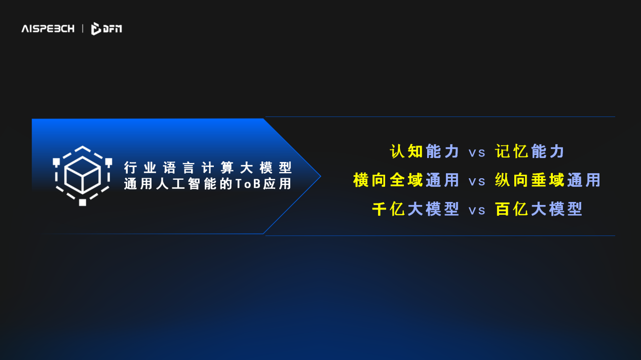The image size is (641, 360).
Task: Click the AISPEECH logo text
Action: pos(48,28)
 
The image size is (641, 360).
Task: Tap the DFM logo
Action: pos(106,28)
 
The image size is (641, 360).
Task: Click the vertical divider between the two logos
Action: pos(83,28)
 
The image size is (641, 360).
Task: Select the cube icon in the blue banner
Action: pos(83,176)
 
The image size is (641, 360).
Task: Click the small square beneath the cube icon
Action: pos(83,203)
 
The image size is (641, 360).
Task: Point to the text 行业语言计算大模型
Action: pos(208,168)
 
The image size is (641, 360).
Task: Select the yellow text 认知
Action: pos(406,151)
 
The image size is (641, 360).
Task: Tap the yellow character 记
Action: pos(503,151)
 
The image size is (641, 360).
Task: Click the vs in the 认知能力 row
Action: pos(477,153)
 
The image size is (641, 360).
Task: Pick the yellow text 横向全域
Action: pos(388,180)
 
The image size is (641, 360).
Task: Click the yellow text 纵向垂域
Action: pos(530,180)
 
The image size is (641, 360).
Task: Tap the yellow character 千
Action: pos(380,209)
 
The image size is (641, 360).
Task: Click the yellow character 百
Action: pos(503,209)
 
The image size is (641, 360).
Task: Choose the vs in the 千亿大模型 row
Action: pos(477,211)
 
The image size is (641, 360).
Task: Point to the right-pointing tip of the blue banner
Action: pos(320,176)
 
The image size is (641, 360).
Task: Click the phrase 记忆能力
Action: pos(530,151)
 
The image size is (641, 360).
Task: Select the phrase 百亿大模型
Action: pos(539,209)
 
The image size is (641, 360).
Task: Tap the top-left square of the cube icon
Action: pos(56,162)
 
